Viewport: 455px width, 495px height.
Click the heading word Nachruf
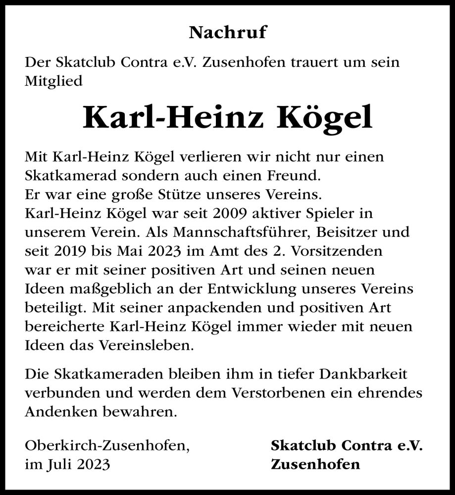coord(227,33)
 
